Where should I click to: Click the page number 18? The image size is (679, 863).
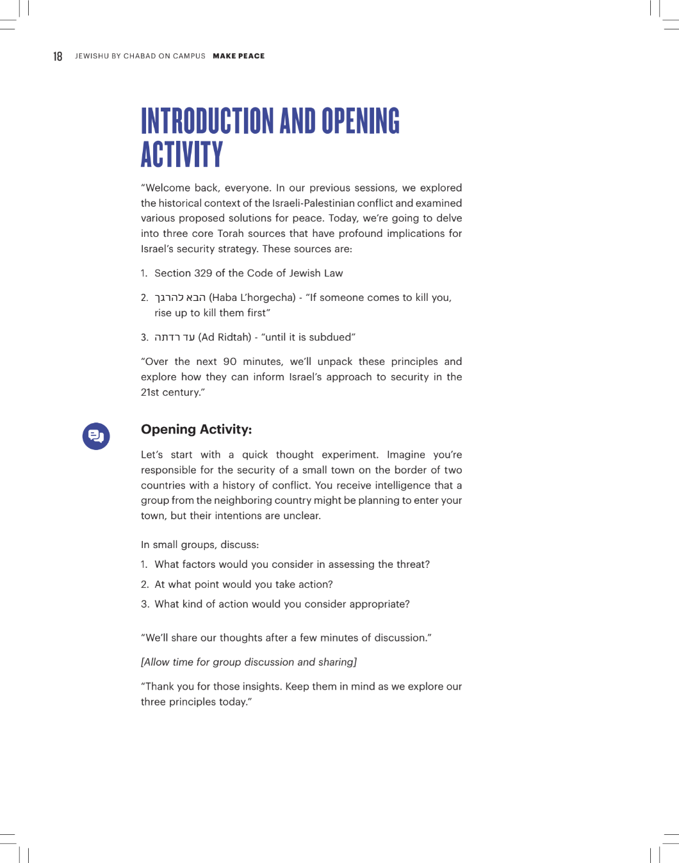click(x=58, y=56)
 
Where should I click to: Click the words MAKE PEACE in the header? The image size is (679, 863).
click(x=238, y=56)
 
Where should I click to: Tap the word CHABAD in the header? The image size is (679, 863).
click(x=140, y=56)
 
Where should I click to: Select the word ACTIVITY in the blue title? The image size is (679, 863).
click(x=182, y=155)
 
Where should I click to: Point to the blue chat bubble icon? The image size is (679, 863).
click(x=96, y=436)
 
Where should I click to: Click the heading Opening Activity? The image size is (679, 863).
click(x=196, y=430)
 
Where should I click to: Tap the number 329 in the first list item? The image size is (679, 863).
click(x=203, y=273)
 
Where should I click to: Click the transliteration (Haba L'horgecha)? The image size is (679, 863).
click(x=252, y=298)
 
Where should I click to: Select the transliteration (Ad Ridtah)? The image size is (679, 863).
click(x=225, y=337)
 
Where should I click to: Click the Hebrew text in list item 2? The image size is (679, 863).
click(x=180, y=298)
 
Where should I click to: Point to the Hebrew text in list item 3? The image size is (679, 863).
click(x=174, y=337)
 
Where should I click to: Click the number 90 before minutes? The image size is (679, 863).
click(x=229, y=362)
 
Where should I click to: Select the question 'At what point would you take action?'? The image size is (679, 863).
click(x=243, y=585)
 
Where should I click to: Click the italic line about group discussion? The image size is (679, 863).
click(x=249, y=662)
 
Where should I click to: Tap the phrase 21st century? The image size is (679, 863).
click(x=170, y=392)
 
